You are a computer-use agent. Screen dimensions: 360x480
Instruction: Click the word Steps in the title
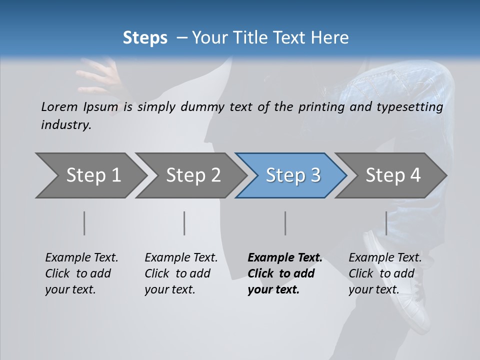(145, 38)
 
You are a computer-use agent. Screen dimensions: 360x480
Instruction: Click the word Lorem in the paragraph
(59, 107)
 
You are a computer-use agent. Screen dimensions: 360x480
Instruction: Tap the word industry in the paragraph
(65, 124)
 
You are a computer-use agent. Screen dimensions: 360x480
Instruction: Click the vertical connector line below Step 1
(84, 223)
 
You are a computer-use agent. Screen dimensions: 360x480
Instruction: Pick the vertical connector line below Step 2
(184, 223)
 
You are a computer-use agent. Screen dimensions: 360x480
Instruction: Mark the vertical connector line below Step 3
(285, 223)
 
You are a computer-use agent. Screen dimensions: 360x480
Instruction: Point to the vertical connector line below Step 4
(386, 223)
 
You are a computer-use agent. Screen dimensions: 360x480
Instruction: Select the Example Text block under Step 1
(81, 273)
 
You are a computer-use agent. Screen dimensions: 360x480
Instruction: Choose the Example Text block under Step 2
(181, 273)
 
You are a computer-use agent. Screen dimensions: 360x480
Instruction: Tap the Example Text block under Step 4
(385, 273)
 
